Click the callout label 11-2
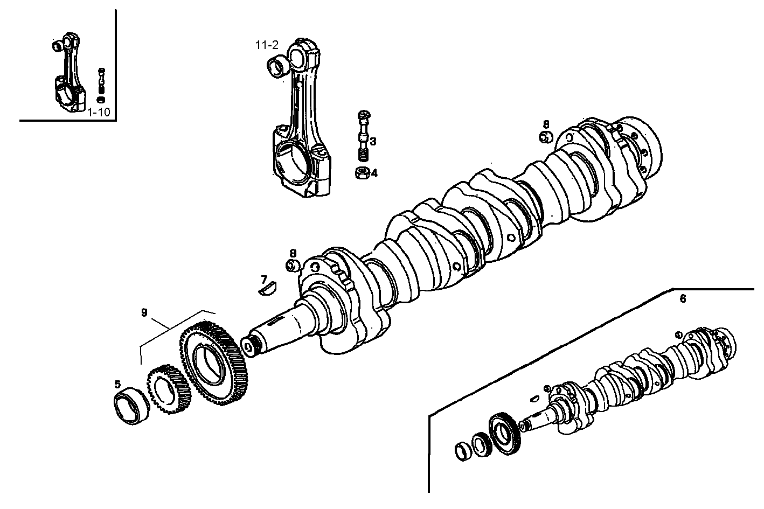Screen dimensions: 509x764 coord(267,45)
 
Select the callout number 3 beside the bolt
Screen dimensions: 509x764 coord(373,142)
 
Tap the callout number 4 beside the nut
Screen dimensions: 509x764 coord(374,173)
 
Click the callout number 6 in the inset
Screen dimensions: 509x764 coord(683,299)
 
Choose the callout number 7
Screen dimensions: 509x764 coord(264,279)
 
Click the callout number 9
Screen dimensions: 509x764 coord(144,312)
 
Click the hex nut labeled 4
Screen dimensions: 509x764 coord(362,173)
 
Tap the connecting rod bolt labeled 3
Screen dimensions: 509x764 coord(363,135)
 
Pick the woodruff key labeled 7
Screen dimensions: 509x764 coord(267,290)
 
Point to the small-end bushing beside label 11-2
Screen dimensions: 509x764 coord(278,67)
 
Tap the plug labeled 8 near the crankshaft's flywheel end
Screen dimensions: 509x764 coord(545,137)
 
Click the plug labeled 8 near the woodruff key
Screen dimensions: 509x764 coord(293,266)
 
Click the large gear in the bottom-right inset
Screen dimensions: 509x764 coord(504,434)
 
